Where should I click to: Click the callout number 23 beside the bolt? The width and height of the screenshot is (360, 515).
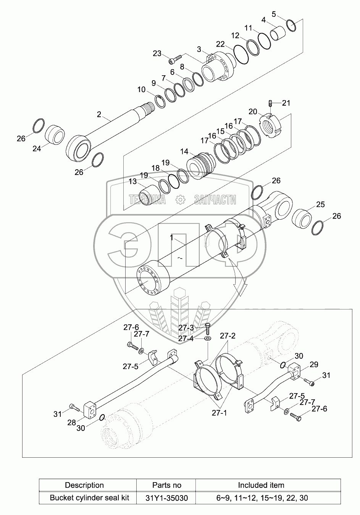(157, 53)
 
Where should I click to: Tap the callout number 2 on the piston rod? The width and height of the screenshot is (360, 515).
(99, 114)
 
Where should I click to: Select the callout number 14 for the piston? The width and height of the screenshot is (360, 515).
(184, 152)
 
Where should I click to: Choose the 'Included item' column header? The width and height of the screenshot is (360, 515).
(261, 485)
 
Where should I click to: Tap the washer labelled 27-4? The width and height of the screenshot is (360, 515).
(207, 338)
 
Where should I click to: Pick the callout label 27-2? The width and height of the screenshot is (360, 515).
(228, 336)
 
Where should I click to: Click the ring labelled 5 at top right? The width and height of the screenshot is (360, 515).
(292, 26)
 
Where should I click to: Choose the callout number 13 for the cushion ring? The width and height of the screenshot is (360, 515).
(132, 182)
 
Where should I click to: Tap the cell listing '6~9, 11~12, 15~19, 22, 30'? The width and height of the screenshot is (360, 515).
(261, 498)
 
